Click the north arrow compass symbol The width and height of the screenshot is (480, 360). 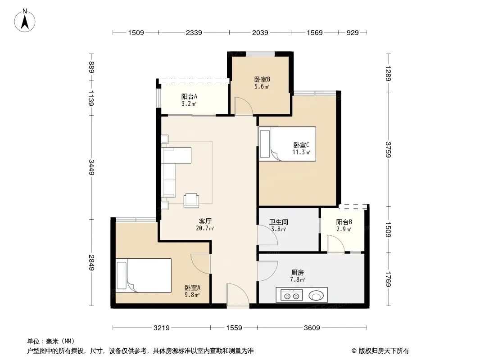[x=25, y=21]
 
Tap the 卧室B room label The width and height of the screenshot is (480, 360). [x=262, y=80]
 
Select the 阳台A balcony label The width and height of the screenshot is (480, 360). [x=189, y=97]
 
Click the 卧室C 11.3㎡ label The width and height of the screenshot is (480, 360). [x=302, y=148]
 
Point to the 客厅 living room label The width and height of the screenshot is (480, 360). [x=205, y=221]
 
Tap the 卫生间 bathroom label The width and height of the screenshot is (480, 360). [x=279, y=222]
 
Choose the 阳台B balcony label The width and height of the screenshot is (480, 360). [x=344, y=222]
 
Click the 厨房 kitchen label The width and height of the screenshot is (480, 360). [x=297, y=273]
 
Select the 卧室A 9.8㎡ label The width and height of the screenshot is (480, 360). [x=192, y=291]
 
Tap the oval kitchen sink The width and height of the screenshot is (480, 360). [x=316, y=296]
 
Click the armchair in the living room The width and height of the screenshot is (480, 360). [x=191, y=200]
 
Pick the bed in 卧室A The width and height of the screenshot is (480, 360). [x=143, y=275]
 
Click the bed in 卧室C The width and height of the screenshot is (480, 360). [x=287, y=144]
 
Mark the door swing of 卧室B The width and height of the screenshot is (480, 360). [x=244, y=106]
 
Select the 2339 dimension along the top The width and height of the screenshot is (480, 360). [x=194, y=32]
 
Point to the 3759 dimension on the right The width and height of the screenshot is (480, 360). [x=388, y=149]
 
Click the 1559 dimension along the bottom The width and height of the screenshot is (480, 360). [x=234, y=328]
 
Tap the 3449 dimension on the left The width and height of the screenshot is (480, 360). [x=91, y=167]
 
